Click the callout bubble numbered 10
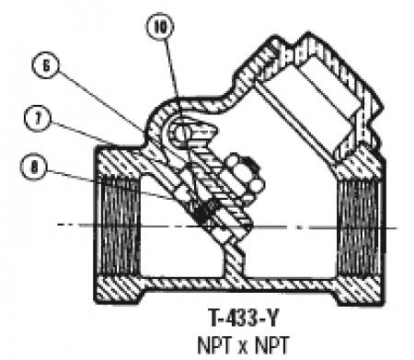(x=160, y=27)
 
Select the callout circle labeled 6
(x=46, y=65)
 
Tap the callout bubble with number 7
(x=38, y=119)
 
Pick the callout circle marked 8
(x=33, y=167)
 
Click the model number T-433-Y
(x=245, y=318)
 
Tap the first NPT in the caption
(x=215, y=345)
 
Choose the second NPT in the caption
(x=272, y=345)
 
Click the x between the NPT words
(x=243, y=347)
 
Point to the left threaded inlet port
(x=119, y=226)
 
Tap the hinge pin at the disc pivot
(x=181, y=133)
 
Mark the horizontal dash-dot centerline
(x=227, y=226)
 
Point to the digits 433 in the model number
(x=240, y=318)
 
